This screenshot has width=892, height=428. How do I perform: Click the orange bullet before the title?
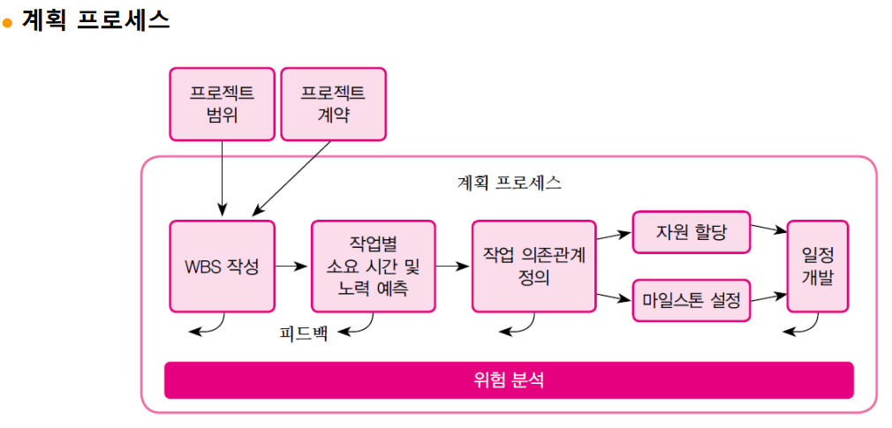pos(8,24)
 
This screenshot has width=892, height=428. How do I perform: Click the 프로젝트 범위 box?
pos(223,103)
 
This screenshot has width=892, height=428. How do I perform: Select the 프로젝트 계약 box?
pos(333,103)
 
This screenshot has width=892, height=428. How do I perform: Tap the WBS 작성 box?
pos(222,266)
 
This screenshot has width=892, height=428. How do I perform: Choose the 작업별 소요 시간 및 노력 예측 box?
pos(373,266)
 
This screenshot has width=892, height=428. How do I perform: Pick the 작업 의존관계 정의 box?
pos(534,266)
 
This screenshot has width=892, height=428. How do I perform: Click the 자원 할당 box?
pos(691,233)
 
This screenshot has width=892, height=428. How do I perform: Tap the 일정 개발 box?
pos(818,266)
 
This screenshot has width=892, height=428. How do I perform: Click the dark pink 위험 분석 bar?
pos(509,380)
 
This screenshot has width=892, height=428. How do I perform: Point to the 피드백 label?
pos(304,334)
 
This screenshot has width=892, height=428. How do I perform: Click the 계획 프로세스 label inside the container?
pos(509,184)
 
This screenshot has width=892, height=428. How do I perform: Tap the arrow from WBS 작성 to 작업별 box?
pos(292,265)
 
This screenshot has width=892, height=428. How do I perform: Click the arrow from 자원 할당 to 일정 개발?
pos(768,229)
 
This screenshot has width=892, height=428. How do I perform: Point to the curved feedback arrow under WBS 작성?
pos(210,327)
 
